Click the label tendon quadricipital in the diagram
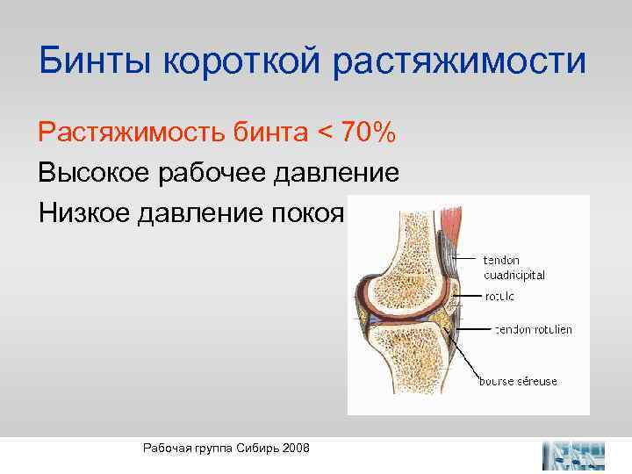(x=513, y=268)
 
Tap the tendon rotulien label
(x=534, y=329)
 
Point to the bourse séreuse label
(x=518, y=381)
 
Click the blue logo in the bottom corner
(x=574, y=455)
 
